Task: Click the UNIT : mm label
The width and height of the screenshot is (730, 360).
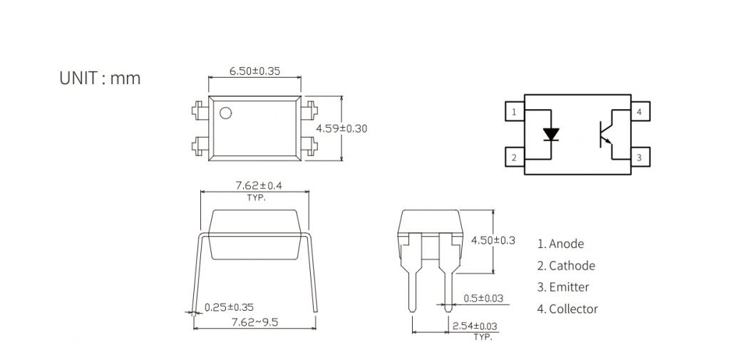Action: click(100, 78)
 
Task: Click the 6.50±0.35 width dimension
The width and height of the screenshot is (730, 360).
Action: click(255, 71)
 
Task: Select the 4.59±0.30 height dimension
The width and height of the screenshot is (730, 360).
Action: click(341, 128)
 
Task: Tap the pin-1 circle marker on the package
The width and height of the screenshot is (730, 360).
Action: click(225, 113)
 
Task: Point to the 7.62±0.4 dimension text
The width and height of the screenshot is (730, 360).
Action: click(258, 185)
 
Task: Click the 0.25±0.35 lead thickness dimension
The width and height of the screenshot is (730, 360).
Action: click(229, 307)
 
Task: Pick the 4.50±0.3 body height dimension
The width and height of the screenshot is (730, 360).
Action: click(493, 240)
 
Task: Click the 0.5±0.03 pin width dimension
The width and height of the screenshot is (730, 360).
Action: click(483, 299)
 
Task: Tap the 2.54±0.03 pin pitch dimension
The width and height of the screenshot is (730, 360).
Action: click(474, 326)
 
